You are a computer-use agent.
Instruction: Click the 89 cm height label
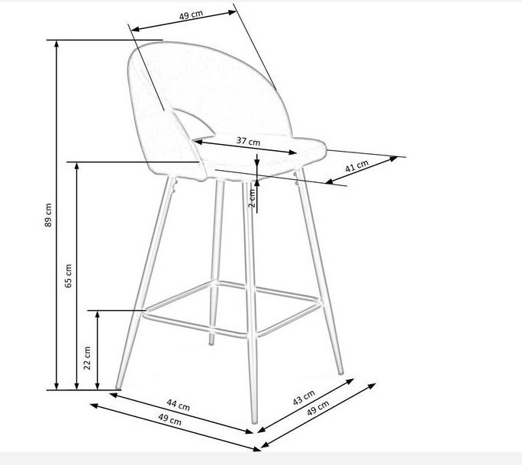pos(48,215)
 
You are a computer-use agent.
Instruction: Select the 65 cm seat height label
pos(68,276)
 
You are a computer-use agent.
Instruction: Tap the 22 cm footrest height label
pos(87,358)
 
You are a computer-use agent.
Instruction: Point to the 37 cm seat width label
pos(248,141)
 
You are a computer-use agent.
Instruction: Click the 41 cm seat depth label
pos(356,165)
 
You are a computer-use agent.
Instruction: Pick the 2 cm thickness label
pos(253,198)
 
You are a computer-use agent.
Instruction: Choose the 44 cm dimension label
pos(178,405)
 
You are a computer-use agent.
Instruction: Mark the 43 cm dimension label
pos(304,397)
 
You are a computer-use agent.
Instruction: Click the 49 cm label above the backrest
pos(191,15)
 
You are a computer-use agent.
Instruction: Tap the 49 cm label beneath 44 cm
pos(169,419)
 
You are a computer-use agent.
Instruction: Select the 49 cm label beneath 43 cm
pos(318,408)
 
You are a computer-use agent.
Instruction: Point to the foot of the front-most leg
pos(254,421)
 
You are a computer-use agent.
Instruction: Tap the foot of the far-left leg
pos(118,386)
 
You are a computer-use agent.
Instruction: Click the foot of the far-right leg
pos(340,372)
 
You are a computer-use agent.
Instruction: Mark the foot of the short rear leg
pos(211,342)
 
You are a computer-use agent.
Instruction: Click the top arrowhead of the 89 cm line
pos(56,44)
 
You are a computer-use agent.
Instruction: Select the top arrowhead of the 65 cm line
pos(77,166)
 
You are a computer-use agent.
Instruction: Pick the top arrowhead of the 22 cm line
pos(97,315)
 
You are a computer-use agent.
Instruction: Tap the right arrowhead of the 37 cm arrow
pos(292,152)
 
